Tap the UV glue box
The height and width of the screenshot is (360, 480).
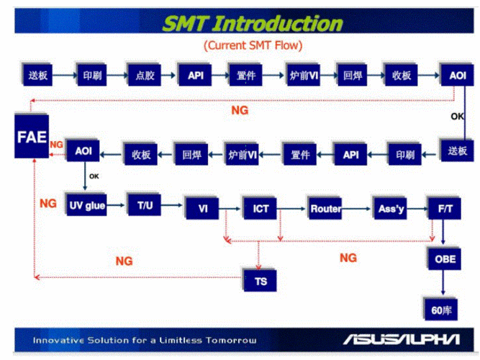coord(86,205)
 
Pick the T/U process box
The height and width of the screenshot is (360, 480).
coord(145,205)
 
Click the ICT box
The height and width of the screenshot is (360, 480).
coord(261,209)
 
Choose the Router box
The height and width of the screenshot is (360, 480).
coord(325,209)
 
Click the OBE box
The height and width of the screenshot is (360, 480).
coord(445,258)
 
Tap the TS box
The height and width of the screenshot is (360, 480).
coord(261,280)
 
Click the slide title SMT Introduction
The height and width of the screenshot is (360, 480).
coord(253,24)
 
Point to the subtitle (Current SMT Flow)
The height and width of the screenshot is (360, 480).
coord(253,45)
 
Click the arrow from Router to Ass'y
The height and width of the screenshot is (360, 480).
coord(358,209)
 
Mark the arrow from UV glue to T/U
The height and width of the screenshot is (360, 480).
coord(117,205)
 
